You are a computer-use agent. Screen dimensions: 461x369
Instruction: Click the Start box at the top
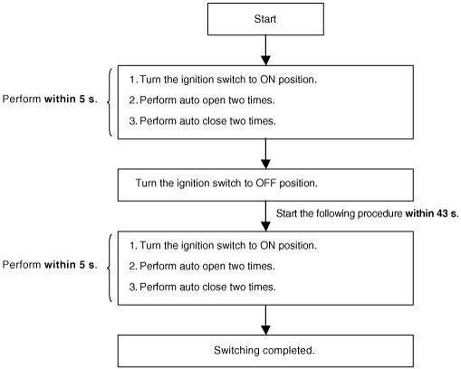point(265,19)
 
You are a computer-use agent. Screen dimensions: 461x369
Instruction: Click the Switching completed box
point(265,351)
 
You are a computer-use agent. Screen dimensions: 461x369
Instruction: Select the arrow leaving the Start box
point(265,50)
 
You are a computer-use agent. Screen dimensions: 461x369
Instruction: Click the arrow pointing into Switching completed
point(265,320)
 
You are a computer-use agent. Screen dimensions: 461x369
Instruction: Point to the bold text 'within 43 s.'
point(432,213)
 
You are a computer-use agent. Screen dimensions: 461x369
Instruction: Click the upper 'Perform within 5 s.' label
point(50,99)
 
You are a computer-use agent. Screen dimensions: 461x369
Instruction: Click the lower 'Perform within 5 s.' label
point(50,265)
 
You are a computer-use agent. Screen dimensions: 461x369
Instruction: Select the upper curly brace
point(110,102)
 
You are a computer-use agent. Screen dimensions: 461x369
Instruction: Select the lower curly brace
point(110,268)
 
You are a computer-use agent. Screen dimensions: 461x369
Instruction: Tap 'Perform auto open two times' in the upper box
point(207,100)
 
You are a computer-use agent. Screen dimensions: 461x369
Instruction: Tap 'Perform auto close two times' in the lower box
point(207,287)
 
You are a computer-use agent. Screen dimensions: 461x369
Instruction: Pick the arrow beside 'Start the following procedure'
point(265,216)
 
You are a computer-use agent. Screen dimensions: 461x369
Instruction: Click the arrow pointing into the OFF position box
point(265,154)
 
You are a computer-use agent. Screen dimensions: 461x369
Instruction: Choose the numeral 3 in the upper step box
point(132,121)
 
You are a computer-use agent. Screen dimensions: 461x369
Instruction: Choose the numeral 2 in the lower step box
point(132,266)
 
